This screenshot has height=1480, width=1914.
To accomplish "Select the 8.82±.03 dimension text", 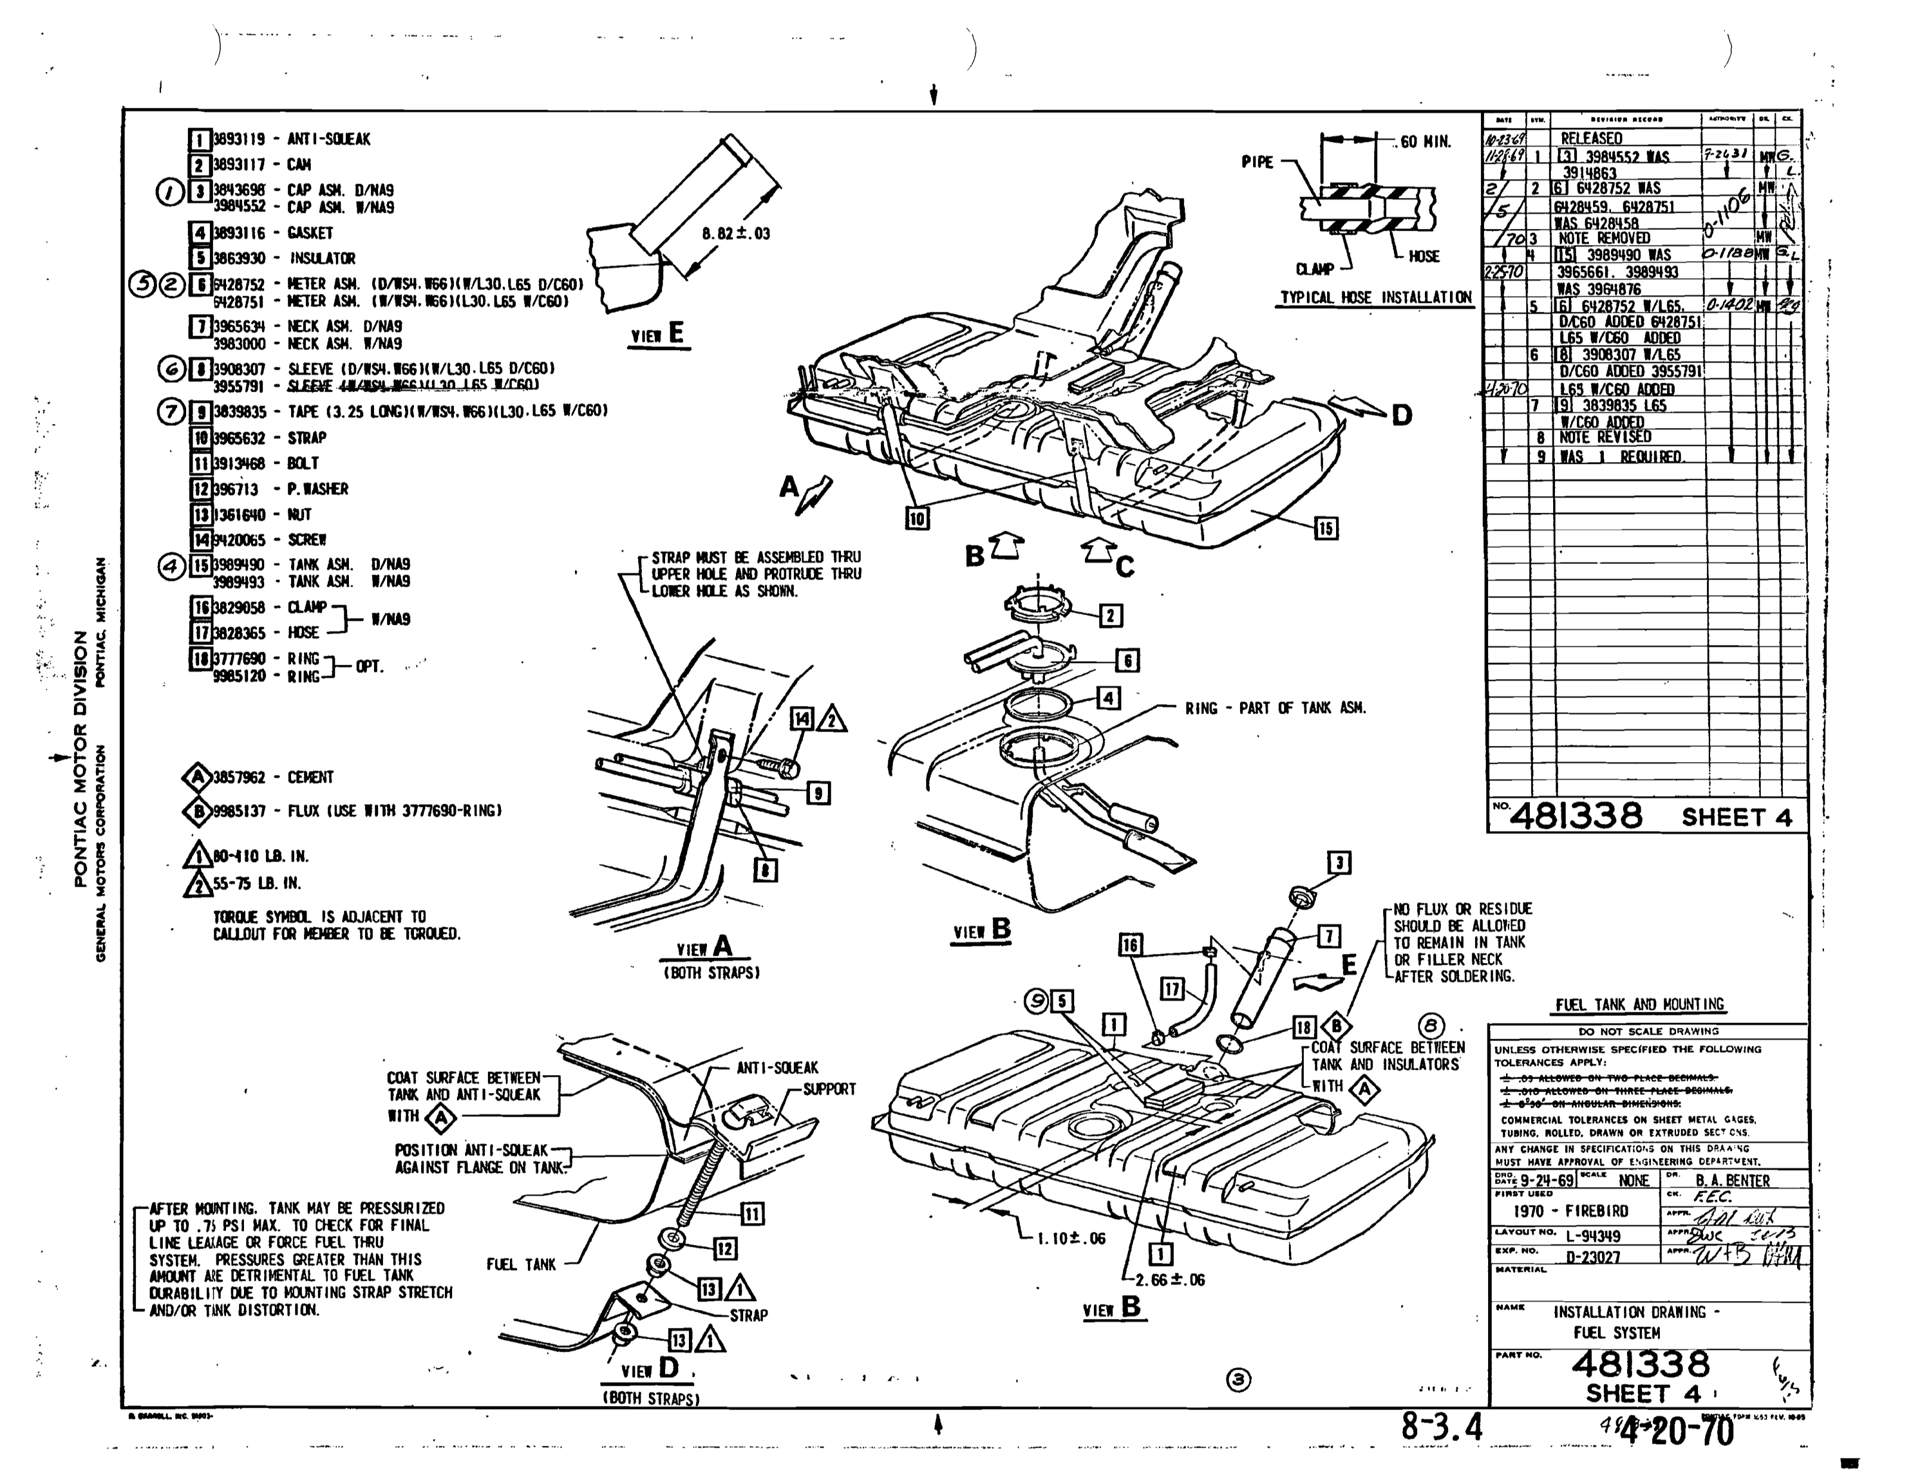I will tap(735, 234).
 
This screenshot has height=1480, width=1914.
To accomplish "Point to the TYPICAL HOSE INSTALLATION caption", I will tap(1376, 298).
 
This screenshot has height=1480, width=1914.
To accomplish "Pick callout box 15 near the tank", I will tap(1325, 528).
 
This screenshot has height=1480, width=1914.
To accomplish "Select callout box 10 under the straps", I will tap(917, 519).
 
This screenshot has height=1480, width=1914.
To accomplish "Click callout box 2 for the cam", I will tap(1111, 616).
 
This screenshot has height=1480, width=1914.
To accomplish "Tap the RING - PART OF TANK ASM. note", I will tap(1275, 708).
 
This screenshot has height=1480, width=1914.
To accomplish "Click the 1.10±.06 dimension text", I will tap(1071, 1239).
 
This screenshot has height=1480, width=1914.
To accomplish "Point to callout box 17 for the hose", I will tap(1173, 990).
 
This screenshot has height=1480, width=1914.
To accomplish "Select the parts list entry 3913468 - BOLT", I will tap(265, 463).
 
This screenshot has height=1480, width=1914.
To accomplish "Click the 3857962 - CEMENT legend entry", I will tap(271, 777).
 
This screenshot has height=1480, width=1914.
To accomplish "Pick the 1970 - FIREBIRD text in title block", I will tap(1570, 1211).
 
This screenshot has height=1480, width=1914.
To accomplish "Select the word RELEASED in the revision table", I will tap(1591, 138).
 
